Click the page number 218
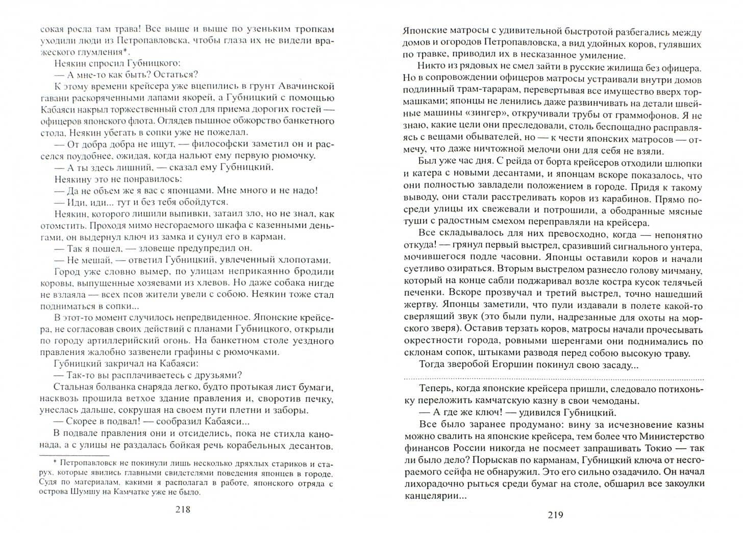(x=182, y=510)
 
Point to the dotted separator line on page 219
(x=553, y=378)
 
